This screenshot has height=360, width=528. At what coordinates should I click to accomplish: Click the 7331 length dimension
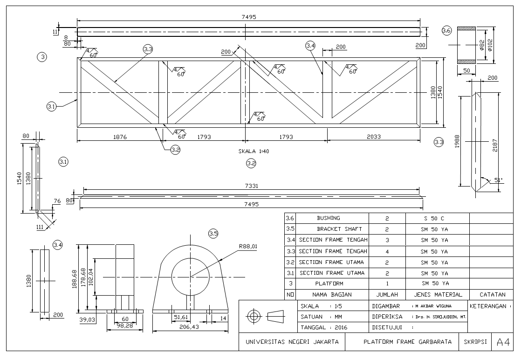click(251, 186)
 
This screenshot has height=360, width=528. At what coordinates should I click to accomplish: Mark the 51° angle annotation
click(498, 180)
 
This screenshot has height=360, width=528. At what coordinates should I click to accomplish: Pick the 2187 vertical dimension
click(495, 140)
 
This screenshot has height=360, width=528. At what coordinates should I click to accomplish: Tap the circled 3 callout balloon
click(42, 57)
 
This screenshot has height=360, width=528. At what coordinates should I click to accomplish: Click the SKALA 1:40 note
click(254, 152)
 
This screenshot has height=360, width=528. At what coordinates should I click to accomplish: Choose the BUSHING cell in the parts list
click(329, 218)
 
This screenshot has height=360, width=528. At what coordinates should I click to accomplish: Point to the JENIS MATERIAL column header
click(438, 294)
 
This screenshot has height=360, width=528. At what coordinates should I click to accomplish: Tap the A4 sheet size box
click(503, 342)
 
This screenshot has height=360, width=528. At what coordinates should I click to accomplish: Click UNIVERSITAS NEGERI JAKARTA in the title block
click(292, 342)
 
